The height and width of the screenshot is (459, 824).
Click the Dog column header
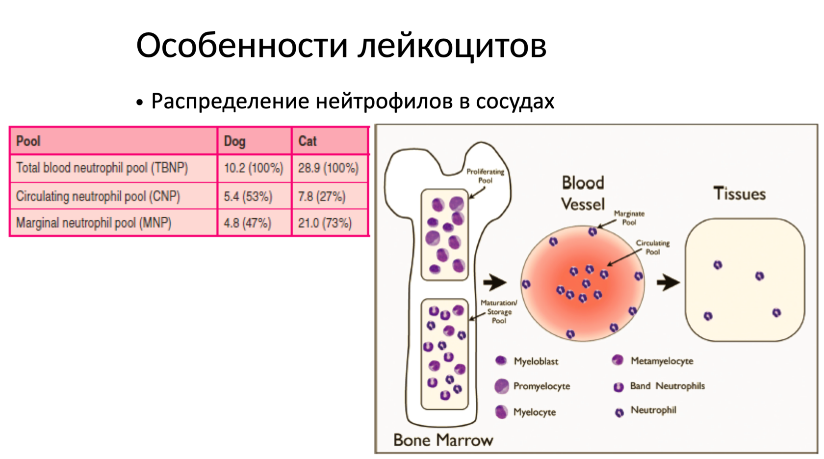(x=234, y=141)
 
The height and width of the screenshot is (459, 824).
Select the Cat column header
(x=308, y=141)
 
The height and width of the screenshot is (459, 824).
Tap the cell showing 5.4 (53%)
(x=248, y=197)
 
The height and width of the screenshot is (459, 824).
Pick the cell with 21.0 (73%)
(x=325, y=223)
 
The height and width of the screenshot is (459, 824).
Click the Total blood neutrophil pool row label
(x=102, y=168)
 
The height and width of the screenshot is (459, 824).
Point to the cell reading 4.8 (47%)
(x=247, y=223)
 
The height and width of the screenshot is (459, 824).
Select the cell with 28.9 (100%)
(x=328, y=168)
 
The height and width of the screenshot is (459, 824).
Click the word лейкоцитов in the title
(x=451, y=46)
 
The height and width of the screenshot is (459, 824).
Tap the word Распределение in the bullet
(x=230, y=101)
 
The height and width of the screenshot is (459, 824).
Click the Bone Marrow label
(x=443, y=440)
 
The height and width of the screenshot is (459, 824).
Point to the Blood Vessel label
(x=583, y=193)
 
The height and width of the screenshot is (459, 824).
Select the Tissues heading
(x=739, y=194)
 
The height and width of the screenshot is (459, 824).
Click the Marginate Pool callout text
(x=629, y=218)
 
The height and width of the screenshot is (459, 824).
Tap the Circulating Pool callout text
(x=652, y=247)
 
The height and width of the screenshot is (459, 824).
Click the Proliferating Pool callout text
(x=485, y=176)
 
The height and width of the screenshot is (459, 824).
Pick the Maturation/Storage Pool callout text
(x=499, y=312)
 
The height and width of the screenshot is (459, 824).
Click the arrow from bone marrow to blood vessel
(x=494, y=282)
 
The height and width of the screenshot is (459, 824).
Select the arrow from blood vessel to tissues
(x=668, y=282)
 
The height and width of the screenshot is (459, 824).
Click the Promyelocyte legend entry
(x=541, y=386)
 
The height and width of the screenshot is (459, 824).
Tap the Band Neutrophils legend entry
(x=667, y=386)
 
